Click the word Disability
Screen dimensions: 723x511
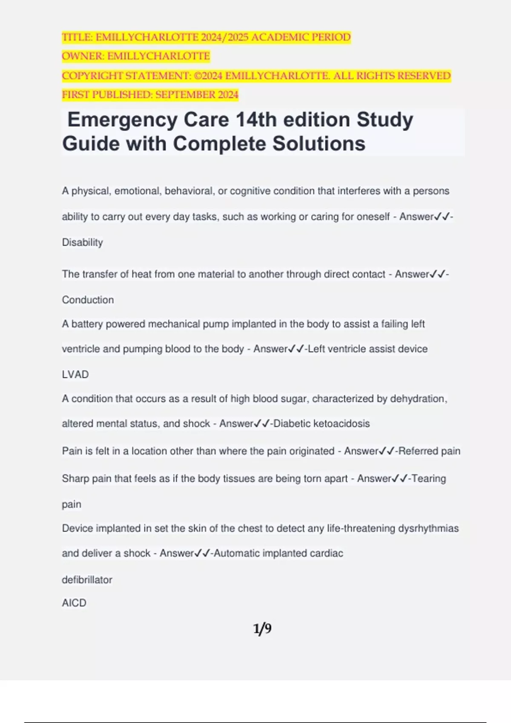click(82, 242)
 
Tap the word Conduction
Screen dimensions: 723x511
click(88, 300)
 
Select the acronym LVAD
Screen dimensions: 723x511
click(75, 375)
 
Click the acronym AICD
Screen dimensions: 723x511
click(74, 603)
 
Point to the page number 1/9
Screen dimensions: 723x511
click(262, 629)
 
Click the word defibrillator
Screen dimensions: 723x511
click(87, 580)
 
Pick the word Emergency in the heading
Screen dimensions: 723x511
click(122, 120)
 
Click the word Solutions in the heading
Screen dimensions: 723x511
click(319, 144)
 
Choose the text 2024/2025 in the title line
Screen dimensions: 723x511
click(225, 37)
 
